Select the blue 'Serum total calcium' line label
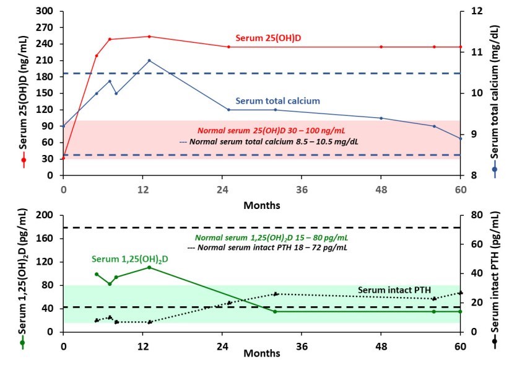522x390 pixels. [x=277, y=101]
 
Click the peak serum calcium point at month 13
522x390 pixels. [x=149, y=60]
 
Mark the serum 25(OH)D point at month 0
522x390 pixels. [x=63, y=159]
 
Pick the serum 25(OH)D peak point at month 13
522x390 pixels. [x=149, y=37]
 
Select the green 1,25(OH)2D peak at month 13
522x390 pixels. [x=149, y=267]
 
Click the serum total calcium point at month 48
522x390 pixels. [x=381, y=118]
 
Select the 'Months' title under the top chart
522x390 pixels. [x=261, y=205]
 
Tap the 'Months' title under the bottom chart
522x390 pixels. [x=261, y=353]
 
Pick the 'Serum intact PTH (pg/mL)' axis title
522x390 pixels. [x=495, y=273]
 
